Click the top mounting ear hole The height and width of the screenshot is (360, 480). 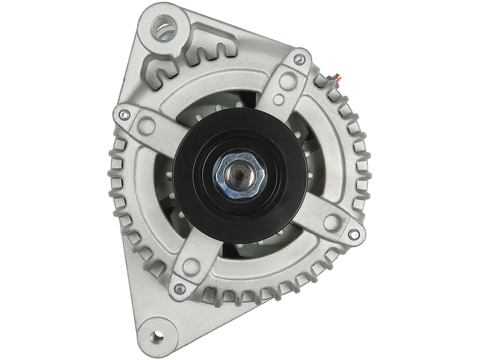click(165, 25)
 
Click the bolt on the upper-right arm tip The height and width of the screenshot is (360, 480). click(298, 59)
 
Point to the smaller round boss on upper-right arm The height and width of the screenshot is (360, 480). click(278, 98)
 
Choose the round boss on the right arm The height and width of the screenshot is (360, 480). click(331, 221)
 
